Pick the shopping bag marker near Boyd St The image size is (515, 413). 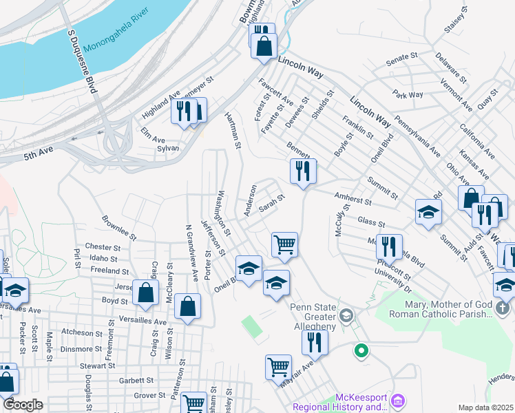[x=147, y=293]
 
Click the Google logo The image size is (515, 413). [x=22, y=405]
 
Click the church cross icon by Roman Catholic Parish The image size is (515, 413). [x=503, y=308]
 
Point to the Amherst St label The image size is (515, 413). [x=353, y=200]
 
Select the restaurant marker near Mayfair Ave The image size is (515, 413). [x=315, y=341]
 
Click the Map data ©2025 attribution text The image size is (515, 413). [x=485, y=407]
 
